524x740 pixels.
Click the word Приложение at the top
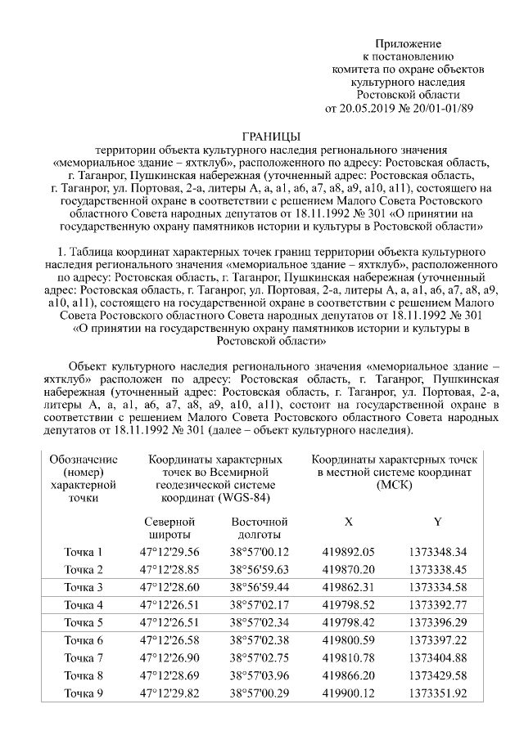point(408,43)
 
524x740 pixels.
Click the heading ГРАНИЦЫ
point(273,135)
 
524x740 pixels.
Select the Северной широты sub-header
point(169,528)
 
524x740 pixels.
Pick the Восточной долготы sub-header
point(260,528)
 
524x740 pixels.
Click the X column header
point(349,522)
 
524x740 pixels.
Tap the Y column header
point(437,522)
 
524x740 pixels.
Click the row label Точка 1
point(84,552)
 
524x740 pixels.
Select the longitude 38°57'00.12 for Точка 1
point(260,552)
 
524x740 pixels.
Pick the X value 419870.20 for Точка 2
point(349,569)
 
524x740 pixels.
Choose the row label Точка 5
point(84,622)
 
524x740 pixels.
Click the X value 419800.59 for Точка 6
point(349,640)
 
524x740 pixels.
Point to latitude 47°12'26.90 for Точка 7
point(169,658)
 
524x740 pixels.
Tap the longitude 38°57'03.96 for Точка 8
point(260,675)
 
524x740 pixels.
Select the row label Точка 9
point(84,693)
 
